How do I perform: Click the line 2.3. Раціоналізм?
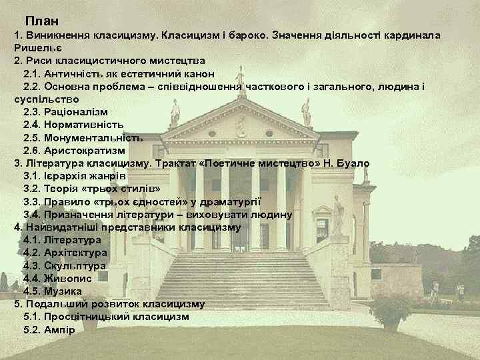point(65,112)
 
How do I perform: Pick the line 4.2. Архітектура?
point(65,253)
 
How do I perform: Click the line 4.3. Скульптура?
point(64,265)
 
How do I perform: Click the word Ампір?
point(60,329)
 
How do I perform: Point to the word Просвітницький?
point(86,317)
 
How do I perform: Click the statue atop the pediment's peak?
point(239,75)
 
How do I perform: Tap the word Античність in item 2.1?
point(74,73)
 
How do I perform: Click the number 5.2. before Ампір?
point(32,329)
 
